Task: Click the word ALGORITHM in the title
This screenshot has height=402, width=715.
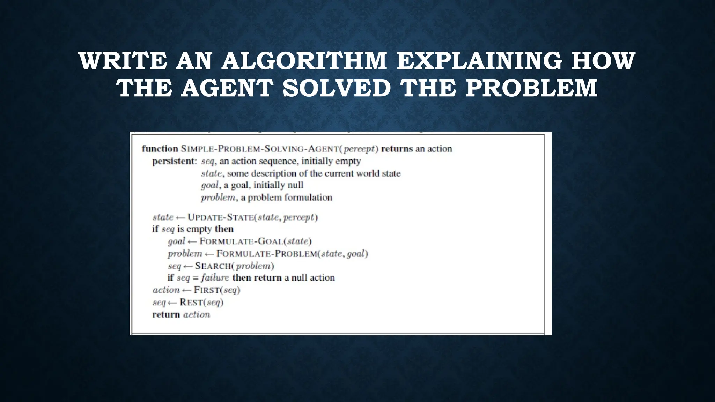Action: pos(304,61)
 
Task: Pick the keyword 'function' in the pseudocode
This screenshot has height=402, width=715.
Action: pos(160,149)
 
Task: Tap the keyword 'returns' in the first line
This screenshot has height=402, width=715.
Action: pos(397,149)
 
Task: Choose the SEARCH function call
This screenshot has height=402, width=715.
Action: pos(213,266)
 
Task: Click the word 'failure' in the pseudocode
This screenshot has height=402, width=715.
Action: pos(215,278)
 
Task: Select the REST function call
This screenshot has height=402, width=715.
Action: pos(192,302)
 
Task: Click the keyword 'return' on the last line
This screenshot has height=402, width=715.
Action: pos(166,315)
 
